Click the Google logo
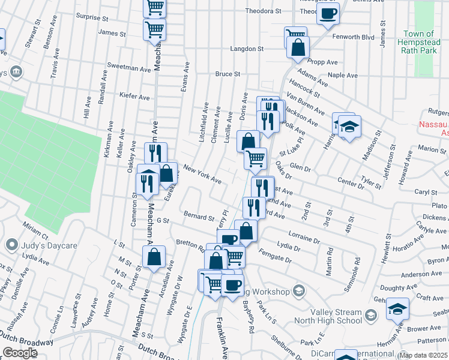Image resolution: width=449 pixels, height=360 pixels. coord(20,353)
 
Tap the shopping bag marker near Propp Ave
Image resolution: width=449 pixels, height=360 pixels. coord(298,47)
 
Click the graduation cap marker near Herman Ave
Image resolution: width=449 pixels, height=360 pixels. coord(397,309)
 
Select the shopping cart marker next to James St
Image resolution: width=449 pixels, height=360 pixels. coord(155,29)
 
